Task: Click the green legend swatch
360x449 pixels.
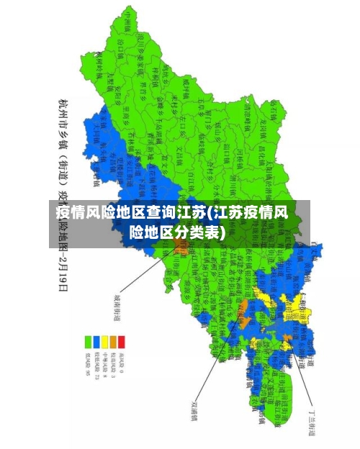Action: coord(89,340)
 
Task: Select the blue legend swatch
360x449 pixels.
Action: coord(96,340)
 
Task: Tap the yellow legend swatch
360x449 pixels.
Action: coord(105,340)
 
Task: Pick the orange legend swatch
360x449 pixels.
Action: coord(113,340)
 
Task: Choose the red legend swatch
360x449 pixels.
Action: coord(122,340)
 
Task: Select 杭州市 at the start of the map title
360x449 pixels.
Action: coord(63,113)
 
